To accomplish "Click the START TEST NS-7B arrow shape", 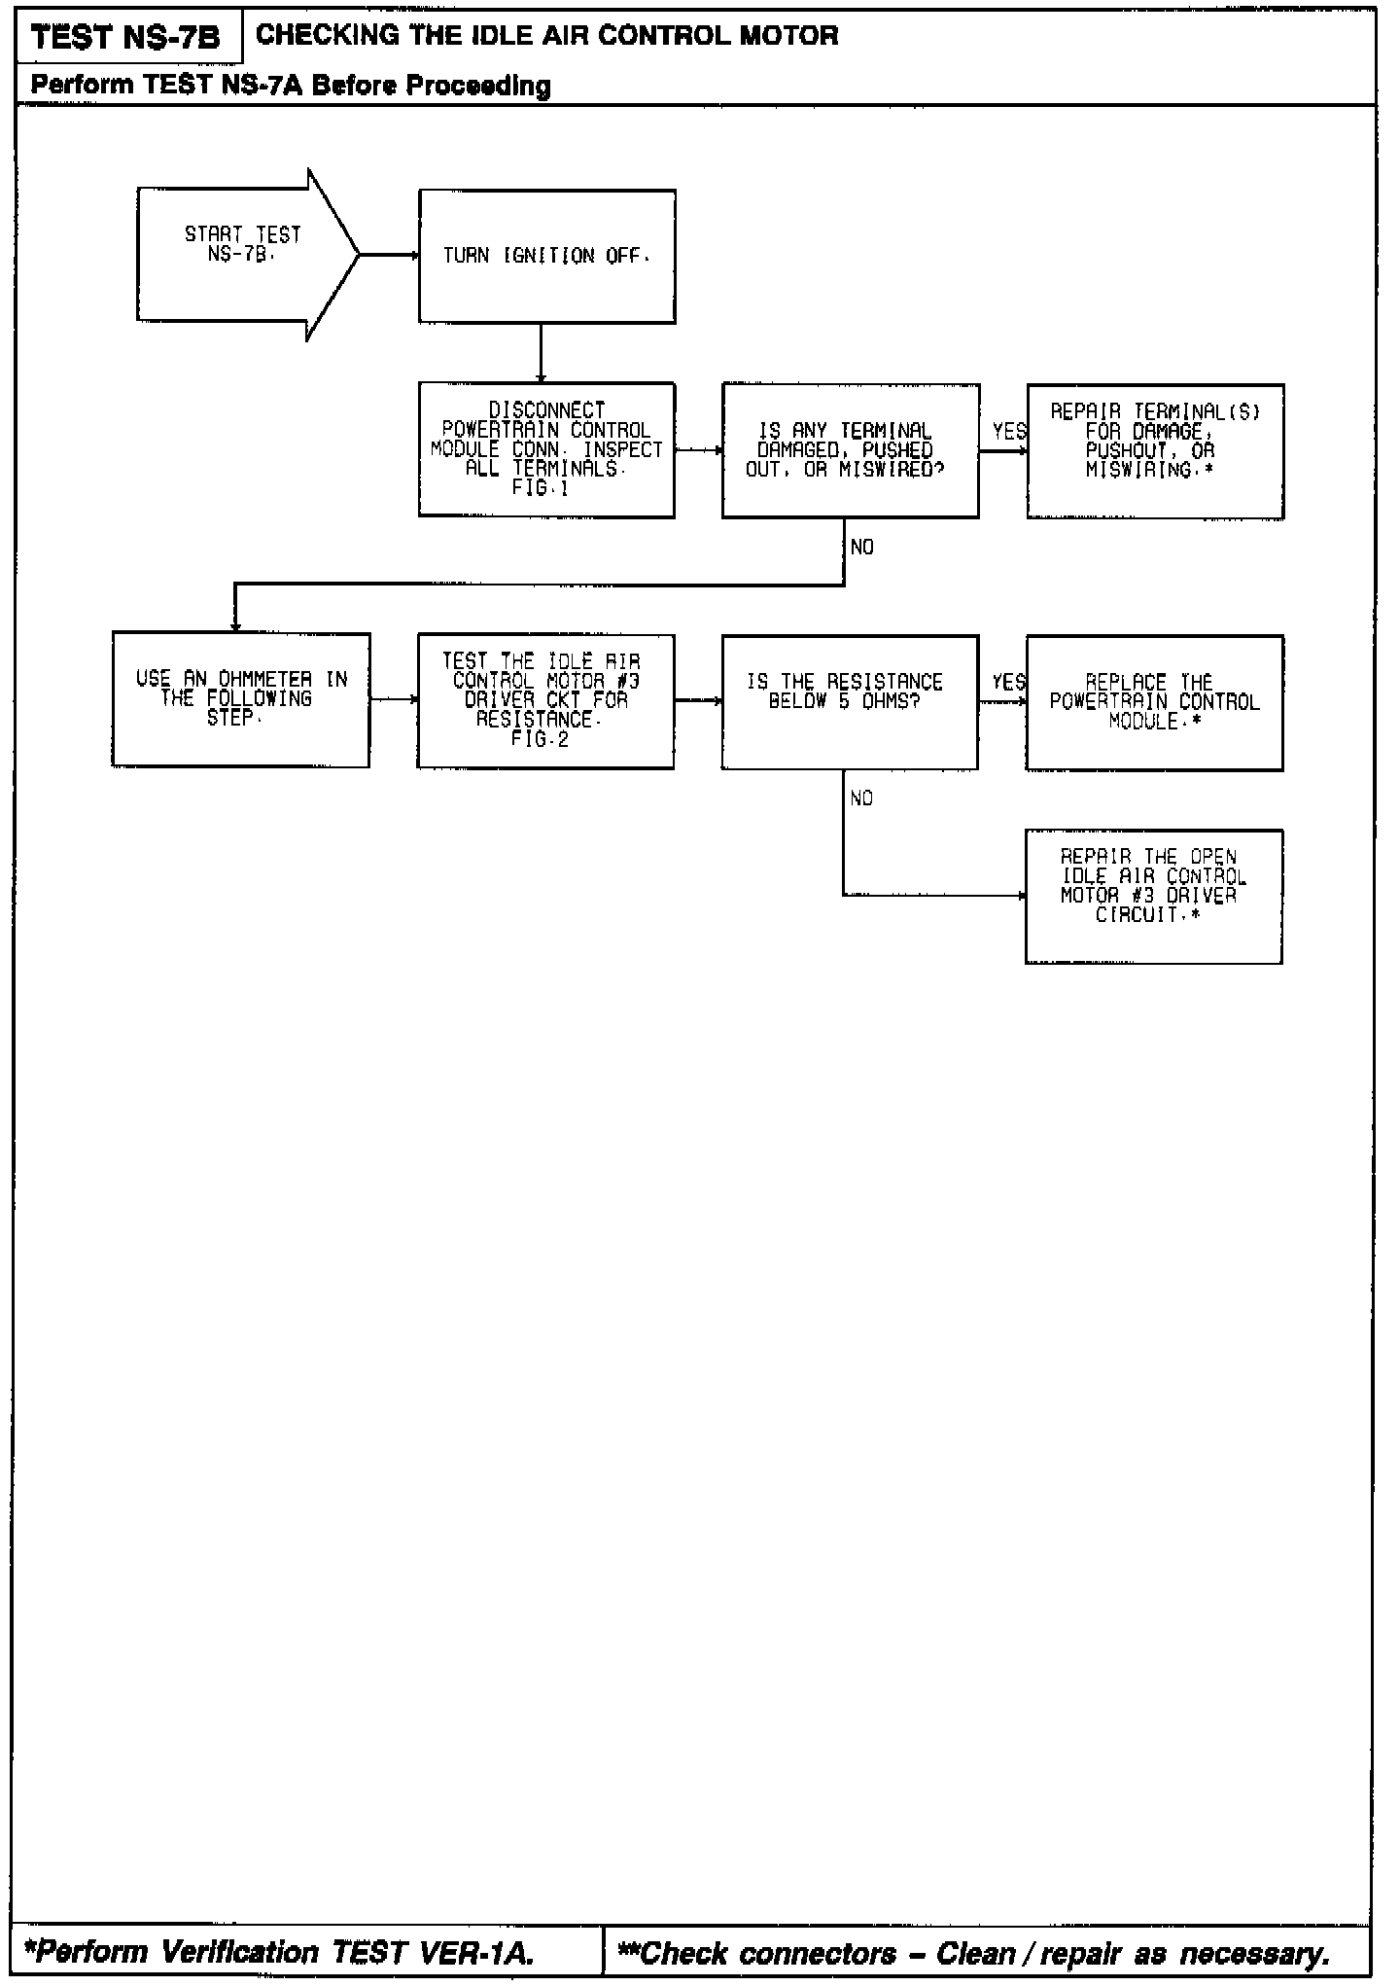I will pyautogui.click(x=243, y=255).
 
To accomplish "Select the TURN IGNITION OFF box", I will pyautogui.click(x=546, y=256).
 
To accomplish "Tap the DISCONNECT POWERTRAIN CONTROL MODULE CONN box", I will pyautogui.click(x=546, y=449).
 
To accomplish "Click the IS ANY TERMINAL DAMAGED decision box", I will pyautogui.click(x=850, y=449).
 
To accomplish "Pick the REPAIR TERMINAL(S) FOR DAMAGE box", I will pyautogui.click(x=1155, y=450).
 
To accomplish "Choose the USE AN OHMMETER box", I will pyautogui.click(x=241, y=699).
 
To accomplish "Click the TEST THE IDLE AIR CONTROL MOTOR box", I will pyautogui.click(x=545, y=700).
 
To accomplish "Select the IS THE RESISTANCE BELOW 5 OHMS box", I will pyautogui.click(x=850, y=701).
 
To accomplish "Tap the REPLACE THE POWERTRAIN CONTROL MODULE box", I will pyautogui.click(x=1154, y=702).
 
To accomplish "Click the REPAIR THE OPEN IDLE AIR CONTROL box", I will pyautogui.click(x=1153, y=896).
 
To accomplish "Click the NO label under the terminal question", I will pyautogui.click(x=861, y=548).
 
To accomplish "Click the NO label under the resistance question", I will pyautogui.click(x=861, y=798).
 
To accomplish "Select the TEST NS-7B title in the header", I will pyautogui.click(x=125, y=38).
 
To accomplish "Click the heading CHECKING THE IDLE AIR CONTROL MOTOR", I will pyautogui.click(x=546, y=36).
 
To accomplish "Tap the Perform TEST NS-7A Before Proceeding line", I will pyautogui.click(x=290, y=86).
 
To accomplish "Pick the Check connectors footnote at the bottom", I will pyautogui.click(x=974, y=1952).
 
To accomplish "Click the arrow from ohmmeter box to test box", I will pyautogui.click(x=394, y=699).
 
